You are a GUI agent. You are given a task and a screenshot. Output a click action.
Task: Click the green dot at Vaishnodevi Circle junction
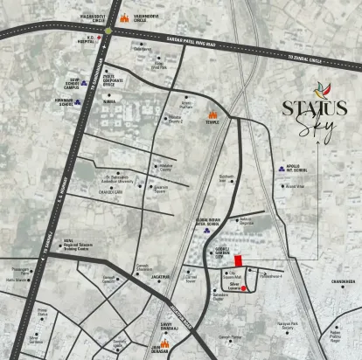click(x=108, y=31)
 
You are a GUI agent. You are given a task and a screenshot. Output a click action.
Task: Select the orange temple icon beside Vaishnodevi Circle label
click(x=124, y=17)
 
